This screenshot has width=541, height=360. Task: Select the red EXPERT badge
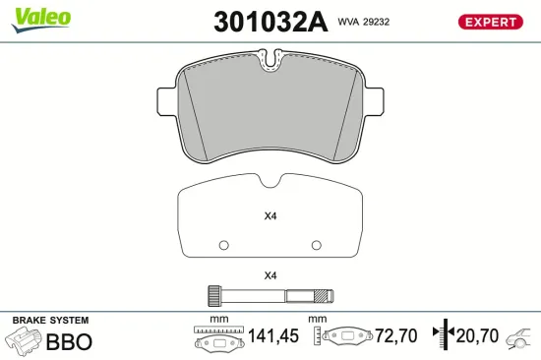[x=489, y=21]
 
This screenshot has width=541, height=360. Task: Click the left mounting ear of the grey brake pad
[x=165, y=102]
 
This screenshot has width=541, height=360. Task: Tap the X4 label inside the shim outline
[x=270, y=217]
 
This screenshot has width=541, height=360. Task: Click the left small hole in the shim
[x=223, y=245]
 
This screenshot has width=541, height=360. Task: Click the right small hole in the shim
[x=316, y=245]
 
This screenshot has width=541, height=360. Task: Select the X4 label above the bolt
[x=270, y=275]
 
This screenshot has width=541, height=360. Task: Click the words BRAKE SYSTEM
[x=49, y=321]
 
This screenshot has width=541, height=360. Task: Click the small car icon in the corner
[x=517, y=340]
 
